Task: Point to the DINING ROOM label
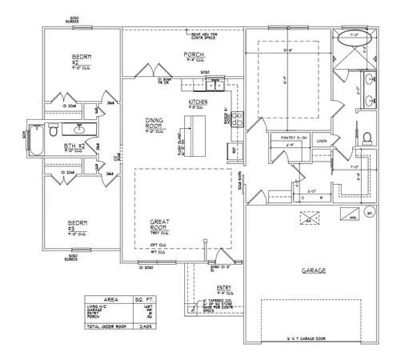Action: pos(154,122)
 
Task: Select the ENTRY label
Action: pos(224,290)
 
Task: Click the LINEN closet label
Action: pos(322,141)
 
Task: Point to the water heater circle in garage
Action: pos(369,214)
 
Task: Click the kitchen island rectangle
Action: pos(190,133)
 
